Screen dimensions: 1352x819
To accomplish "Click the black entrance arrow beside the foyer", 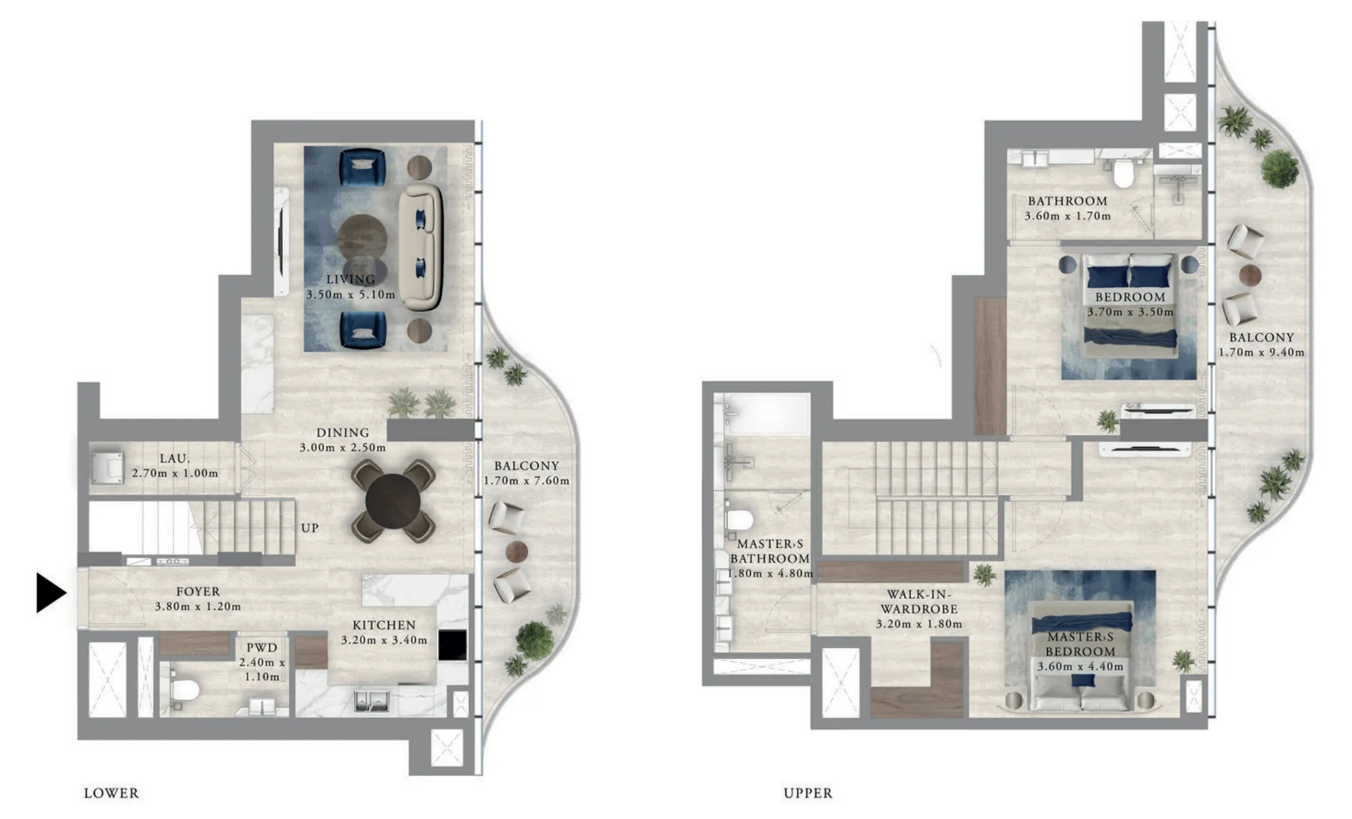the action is click(x=50, y=593).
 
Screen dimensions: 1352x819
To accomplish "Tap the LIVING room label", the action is click(x=351, y=279).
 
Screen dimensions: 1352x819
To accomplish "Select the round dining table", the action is click(x=393, y=502).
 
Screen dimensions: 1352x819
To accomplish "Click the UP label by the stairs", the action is click(x=310, y=528).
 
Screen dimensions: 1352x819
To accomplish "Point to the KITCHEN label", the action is click(x=384, y=625).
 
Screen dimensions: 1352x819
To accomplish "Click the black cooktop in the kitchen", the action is click(x=452, y=645).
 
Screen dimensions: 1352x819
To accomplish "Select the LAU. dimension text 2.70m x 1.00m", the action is click(x=175, y=473).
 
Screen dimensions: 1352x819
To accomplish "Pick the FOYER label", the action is click(x=198, y=592).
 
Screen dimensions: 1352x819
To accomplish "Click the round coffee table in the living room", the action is click(x=362, y=237).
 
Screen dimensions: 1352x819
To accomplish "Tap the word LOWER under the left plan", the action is click(x=112, y=793).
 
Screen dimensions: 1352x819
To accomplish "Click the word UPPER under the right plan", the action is click(x=808, y=793).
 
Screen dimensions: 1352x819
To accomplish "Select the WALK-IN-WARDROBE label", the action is click(x=919, y=602).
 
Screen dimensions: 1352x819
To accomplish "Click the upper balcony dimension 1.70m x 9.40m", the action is click(x=1261, y=352).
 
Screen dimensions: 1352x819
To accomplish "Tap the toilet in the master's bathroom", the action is click(x=740, y=520).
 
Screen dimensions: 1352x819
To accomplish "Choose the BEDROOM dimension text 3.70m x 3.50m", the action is click(x=1130, y=312).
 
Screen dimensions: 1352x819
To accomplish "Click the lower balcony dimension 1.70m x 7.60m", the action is click(x=526, y=481).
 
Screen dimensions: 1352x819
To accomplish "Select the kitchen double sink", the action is click(x=372, y=701).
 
